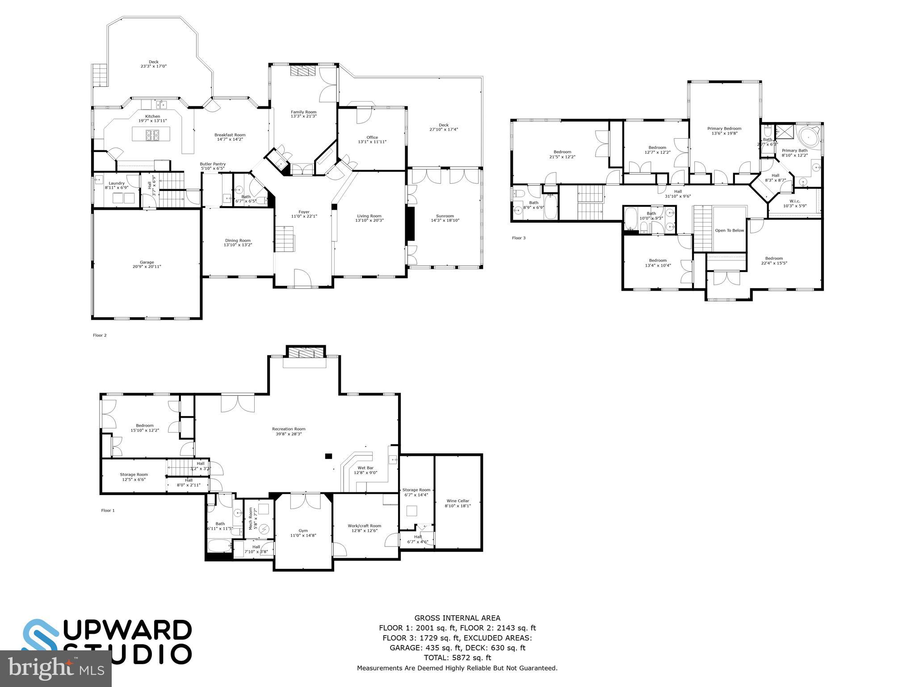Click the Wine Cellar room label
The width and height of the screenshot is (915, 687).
[x=457, y=501]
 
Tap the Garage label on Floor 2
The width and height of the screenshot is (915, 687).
[x=147, y=263]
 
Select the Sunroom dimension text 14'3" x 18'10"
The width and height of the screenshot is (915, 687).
[x=445, y=220]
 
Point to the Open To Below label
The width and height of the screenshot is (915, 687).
[x=729, y=230]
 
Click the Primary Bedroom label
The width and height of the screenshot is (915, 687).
[x=724, y=128]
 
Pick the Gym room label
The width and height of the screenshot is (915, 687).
[x=303, y=531]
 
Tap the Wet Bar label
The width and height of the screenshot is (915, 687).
[x=365, y=468]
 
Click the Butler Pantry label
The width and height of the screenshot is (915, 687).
[x=213, y=164]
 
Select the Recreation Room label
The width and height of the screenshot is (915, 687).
[x=289, y=429]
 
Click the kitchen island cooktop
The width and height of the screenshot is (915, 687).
[x=151, y=133]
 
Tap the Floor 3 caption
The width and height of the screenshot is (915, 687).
[x=518, y=238]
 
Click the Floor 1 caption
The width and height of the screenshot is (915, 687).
[x=108, y=510]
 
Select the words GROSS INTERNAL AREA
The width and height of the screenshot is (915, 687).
[x=457, y=619]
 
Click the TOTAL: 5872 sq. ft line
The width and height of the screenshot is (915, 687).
[x=457, y=658]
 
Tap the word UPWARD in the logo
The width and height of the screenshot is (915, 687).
[x=130, y=630]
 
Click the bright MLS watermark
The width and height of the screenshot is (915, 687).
[x=56, y=668]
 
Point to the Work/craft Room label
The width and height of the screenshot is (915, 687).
[x=364, y=526]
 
